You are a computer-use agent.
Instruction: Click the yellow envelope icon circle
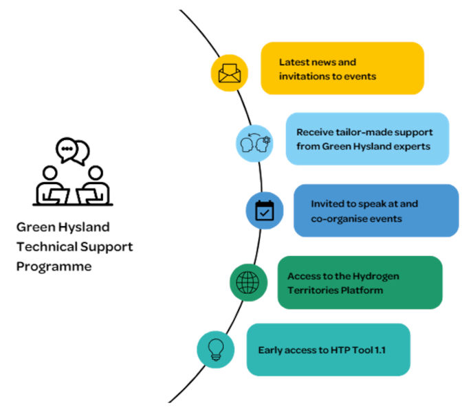[228, 73]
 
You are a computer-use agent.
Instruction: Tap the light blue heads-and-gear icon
[254, 144]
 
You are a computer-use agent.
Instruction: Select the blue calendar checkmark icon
[265, 210]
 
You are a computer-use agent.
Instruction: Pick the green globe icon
[247, 282]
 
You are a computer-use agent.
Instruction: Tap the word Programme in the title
[54, 266]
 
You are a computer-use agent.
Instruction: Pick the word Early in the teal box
[270, 350]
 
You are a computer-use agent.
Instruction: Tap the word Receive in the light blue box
[315, 131]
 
